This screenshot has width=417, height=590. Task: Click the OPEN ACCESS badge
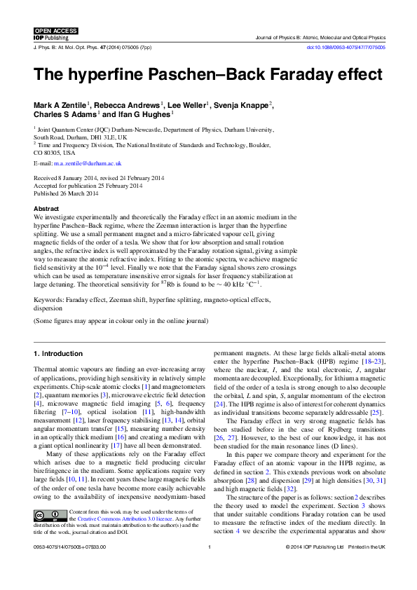[x=56, y=31]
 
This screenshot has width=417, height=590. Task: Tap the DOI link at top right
[x=355, y=48]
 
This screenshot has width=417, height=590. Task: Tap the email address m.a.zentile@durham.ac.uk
[x=83, y=163]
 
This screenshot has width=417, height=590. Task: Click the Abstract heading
[x=47, y=209]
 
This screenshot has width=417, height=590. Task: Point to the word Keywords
[x=48, y=299]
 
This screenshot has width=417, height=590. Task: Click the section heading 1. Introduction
[x=58, y=352]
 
